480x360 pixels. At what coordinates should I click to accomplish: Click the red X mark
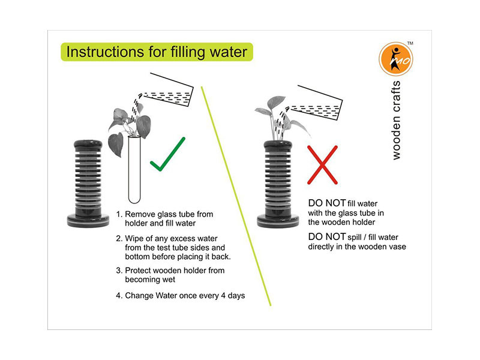coord(322,164)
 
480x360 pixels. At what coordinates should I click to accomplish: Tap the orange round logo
coord(396,59)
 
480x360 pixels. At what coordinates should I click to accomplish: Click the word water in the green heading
coord(229,52)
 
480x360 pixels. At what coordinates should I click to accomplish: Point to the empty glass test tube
coord(134,170)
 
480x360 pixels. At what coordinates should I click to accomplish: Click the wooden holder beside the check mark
coord(88,184)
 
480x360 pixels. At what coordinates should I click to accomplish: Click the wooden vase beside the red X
coord(278,184)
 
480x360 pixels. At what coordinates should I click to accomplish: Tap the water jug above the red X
coord(316,103)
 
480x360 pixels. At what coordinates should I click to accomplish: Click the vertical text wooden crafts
coord(396,120)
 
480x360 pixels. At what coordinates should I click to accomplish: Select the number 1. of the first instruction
coord(119,214)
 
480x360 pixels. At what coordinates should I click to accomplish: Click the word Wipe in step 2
coord(134,239)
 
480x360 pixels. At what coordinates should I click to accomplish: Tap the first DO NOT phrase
coord(327,203)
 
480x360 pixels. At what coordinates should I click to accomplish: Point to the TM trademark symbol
coord(410,43)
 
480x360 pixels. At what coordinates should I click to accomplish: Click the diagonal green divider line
coord(236,196)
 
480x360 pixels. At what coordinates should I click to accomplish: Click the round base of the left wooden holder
coord(88,221)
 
